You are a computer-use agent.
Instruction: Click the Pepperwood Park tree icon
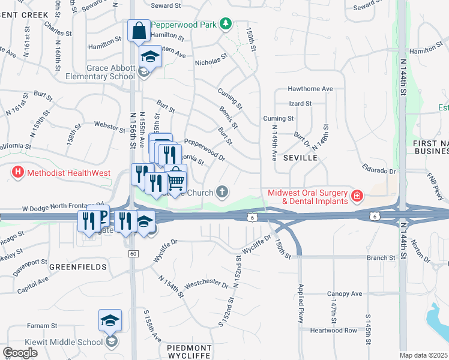[x=226, y=24]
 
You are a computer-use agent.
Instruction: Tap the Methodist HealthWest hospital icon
[x=18, y=173]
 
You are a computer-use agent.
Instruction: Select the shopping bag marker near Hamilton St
[x=139, y=31]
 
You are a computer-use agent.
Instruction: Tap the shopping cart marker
[x=175, y=180]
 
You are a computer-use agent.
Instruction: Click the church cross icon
[x=222, y=192]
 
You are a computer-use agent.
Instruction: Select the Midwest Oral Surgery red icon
[x=357, y=196]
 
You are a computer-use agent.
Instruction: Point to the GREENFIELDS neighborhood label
[x=78, y=266]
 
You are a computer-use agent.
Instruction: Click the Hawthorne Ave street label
[x=310, y=89]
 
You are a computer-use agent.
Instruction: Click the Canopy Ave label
[x=345, y=294]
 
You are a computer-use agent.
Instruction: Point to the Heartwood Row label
[x=334, y=331]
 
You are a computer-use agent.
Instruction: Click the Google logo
[x=20, y=352]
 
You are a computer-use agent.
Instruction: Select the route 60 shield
[x=133, y=254]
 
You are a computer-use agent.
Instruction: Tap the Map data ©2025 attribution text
[x=424, y=355]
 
